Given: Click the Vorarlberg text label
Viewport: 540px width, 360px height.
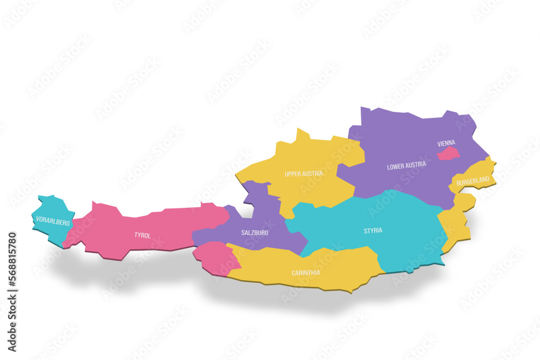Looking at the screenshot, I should (x=53, y=221).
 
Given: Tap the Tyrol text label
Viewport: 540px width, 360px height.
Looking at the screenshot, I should (x=143, y=235).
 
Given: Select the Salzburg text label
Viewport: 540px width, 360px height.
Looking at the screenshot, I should (x=255, y=233).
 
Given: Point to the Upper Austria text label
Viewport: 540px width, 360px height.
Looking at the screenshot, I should (x=304, y=174).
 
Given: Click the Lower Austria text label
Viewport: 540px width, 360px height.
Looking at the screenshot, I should (x=407, y=166).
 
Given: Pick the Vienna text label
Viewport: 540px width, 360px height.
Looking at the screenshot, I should (x=446, y=143).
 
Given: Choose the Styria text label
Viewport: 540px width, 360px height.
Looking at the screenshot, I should (x=373, y=230).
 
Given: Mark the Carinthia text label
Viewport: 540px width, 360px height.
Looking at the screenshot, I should (x=306, y=273).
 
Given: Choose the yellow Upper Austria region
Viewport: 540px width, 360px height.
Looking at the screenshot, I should (x=313, y=157).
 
